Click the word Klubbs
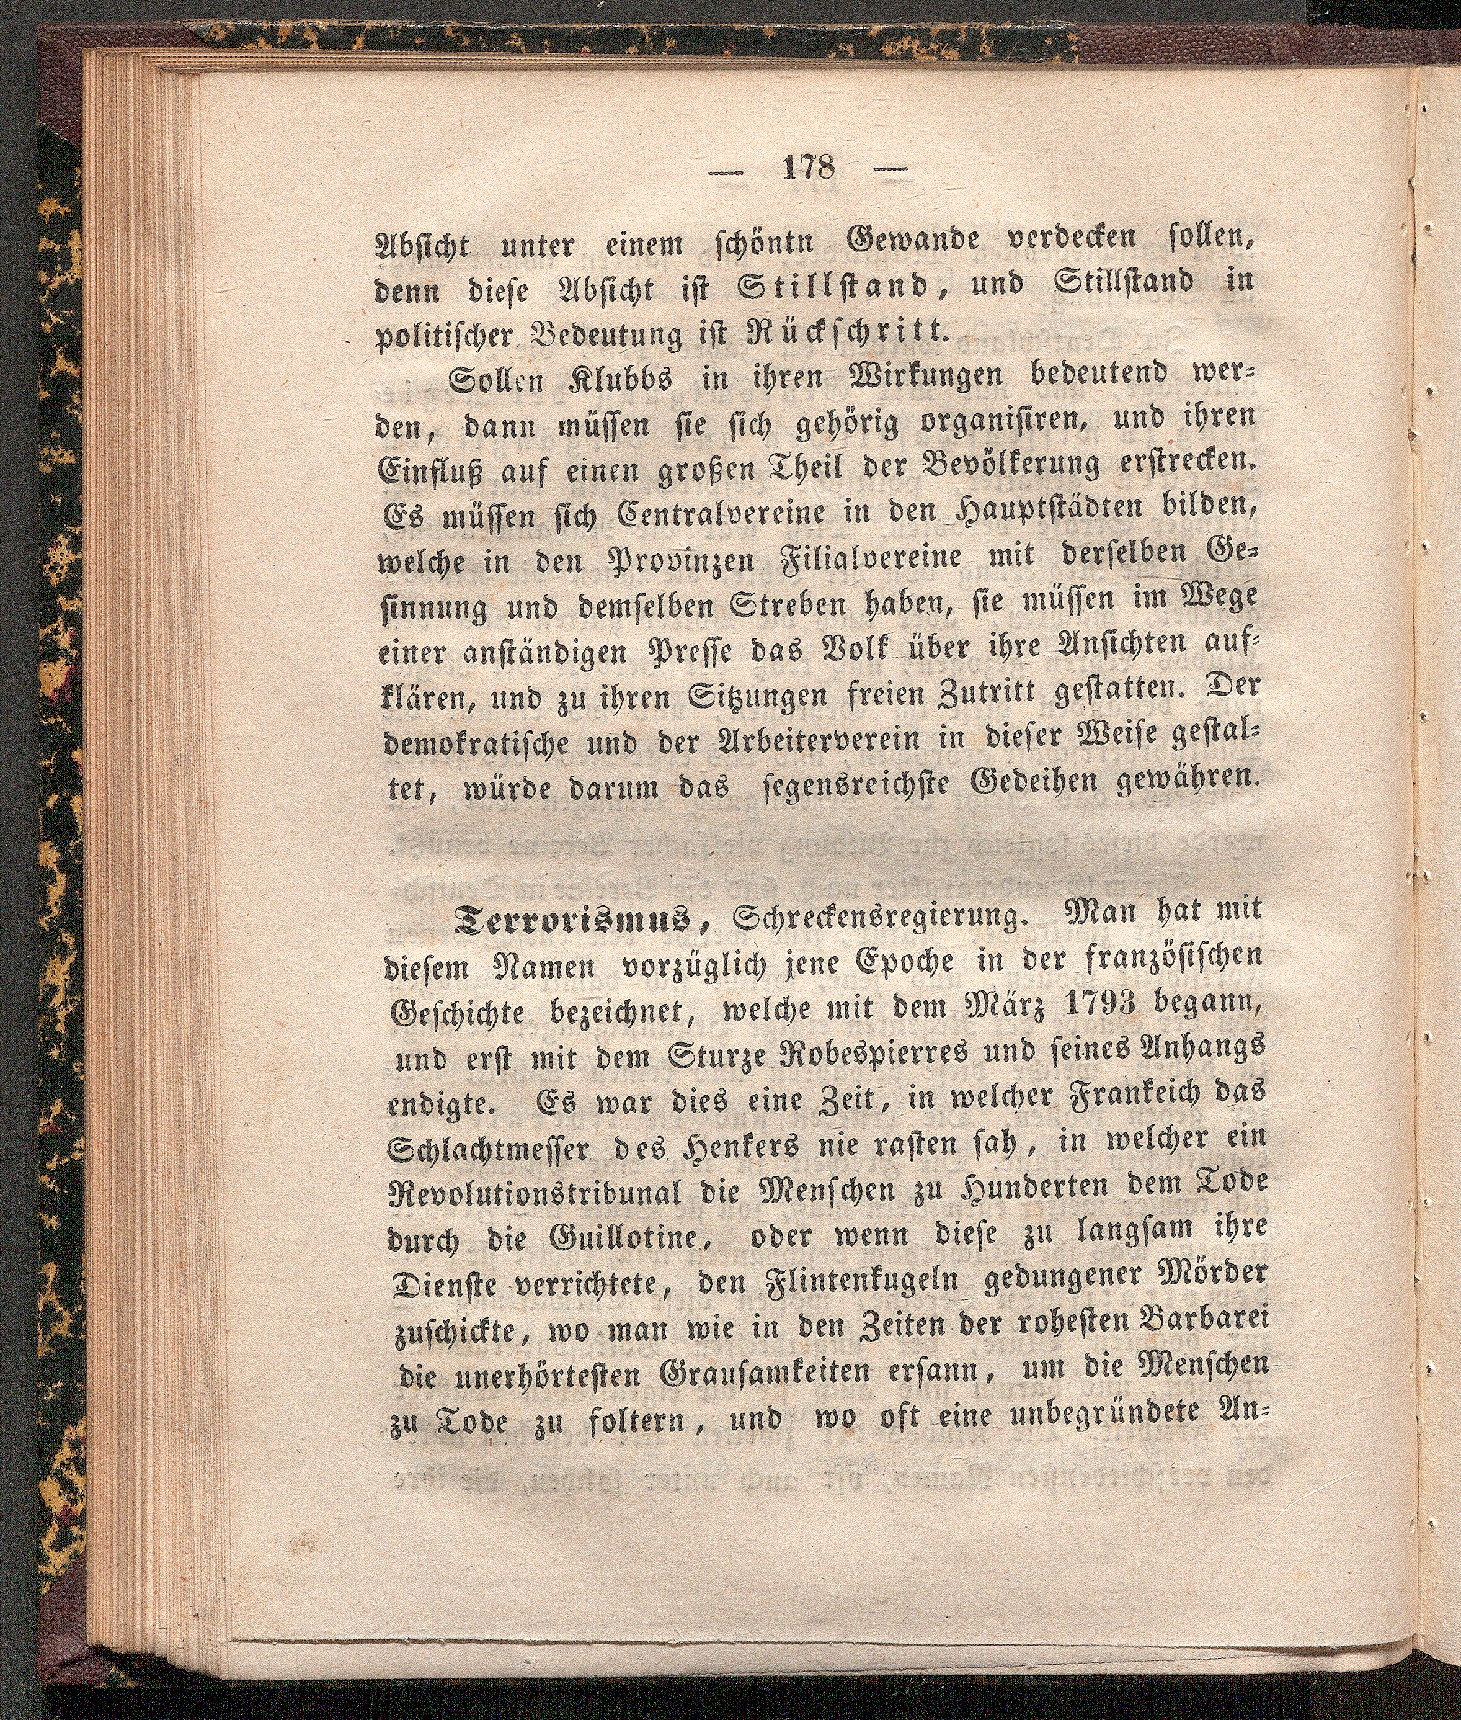(x=624, y=383)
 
